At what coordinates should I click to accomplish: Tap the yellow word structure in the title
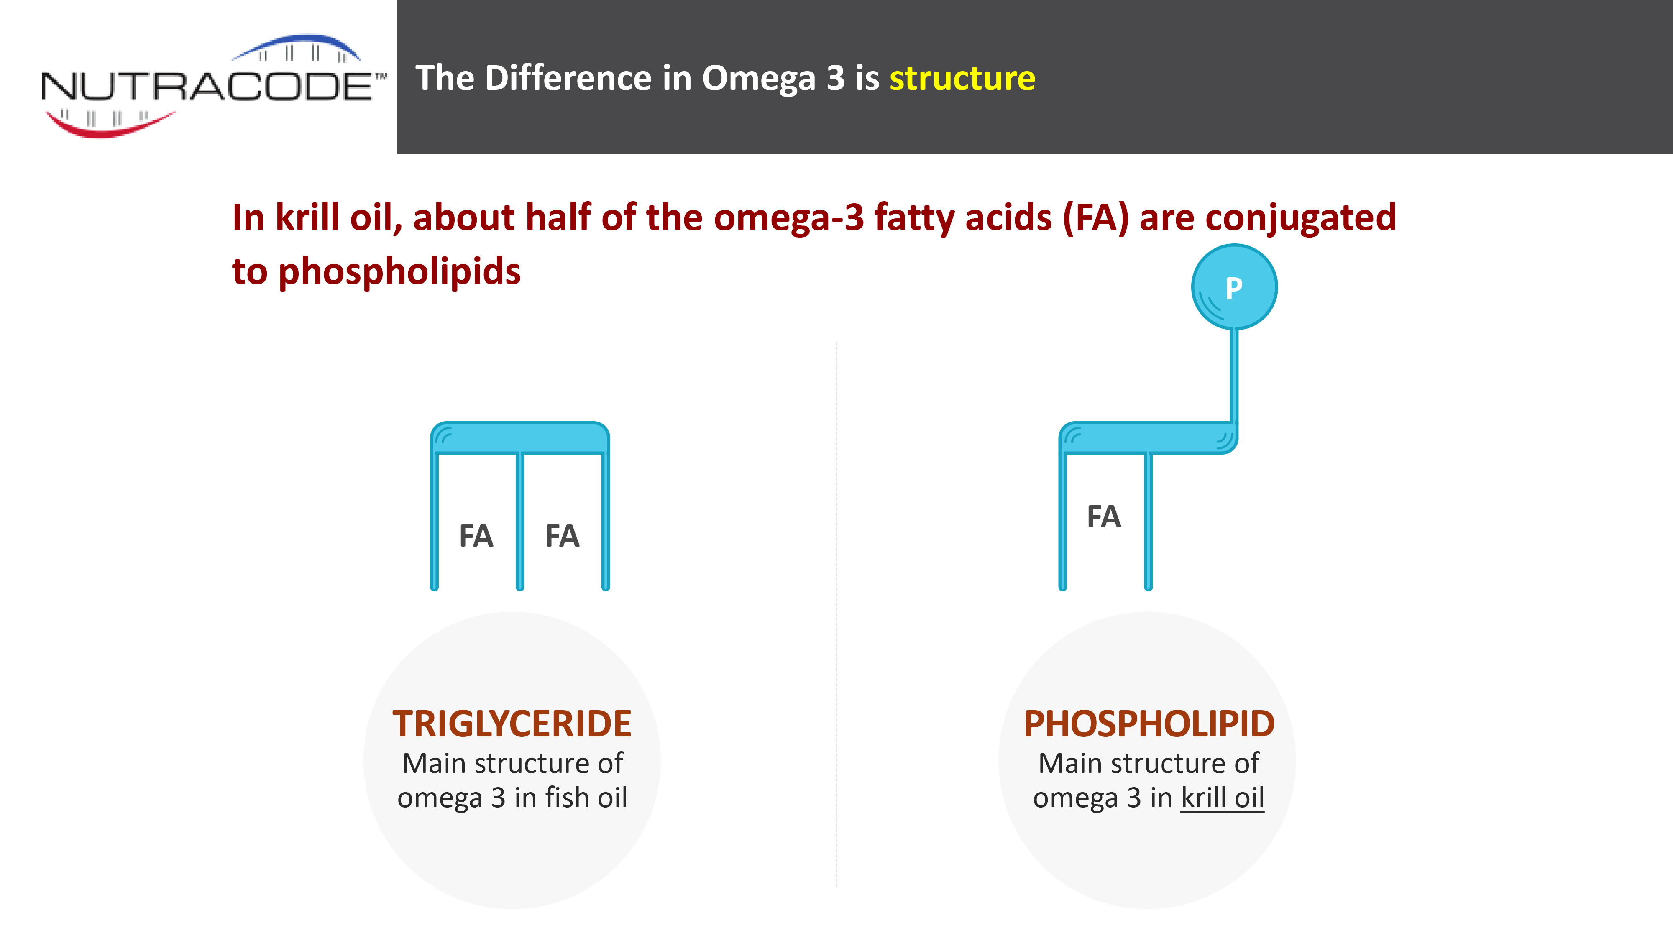(x=962, y=79)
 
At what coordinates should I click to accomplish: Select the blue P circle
(x=1234, y=286)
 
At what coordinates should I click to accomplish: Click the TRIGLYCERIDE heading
(x=512, y=724)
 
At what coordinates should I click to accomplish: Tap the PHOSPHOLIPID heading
(x=1149, y=724)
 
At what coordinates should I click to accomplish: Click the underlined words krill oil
(x=1222, y=798)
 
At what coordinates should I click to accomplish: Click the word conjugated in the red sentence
(x=1301, y=217)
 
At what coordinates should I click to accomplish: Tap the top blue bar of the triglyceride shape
(x=519, y=437)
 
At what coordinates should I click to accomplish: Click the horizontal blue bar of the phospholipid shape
(x=1148, y=437)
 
